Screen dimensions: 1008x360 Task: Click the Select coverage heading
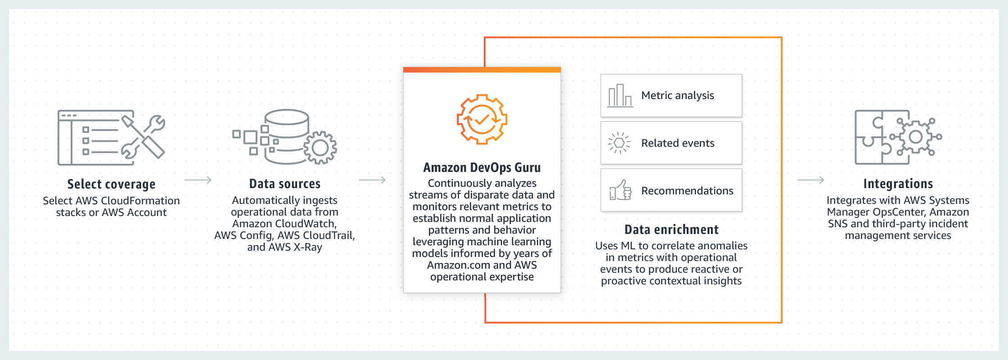tap(111, 184)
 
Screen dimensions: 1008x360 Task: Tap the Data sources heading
tap(285, 184)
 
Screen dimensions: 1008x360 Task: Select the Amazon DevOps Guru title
tap(482, 168)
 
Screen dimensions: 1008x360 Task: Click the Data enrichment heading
tap(671, 229)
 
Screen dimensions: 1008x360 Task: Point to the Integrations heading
tap(898, 184)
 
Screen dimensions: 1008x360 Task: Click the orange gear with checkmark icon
tap(482, 119)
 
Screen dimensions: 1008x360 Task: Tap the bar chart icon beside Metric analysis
tap(620, 95)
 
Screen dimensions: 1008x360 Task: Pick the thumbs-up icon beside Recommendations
tap(621, 190)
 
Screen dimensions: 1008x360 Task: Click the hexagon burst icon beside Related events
tap(619, 143)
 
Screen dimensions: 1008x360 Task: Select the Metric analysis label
tap(678, 95)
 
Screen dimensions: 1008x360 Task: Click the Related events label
tap(678, 143)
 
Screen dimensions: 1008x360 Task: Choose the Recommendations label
tap(687, 191)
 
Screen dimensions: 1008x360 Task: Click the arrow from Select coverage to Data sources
tap(198, 180)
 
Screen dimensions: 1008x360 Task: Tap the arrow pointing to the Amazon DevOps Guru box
tap(372, 180)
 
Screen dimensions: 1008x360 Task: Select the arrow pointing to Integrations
tap(810, 180)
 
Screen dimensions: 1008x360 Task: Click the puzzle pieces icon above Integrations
tap(898, 137)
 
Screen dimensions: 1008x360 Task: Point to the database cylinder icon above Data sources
tap(287, 136)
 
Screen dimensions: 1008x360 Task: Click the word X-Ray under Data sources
tap(308, 247)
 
